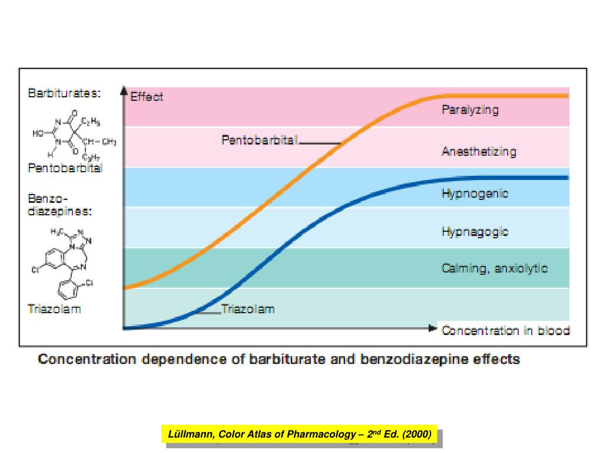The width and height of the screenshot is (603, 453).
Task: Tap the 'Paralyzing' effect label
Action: pos(470,110)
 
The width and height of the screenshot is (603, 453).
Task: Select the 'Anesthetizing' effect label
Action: pos(479,152)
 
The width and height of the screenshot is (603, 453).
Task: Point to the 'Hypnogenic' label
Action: pos(475,193)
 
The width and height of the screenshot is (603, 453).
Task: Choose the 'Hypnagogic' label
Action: pos(475,232)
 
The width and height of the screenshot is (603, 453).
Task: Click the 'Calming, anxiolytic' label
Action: pos(495,269)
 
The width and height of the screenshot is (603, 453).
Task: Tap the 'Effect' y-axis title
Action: pos(147,97)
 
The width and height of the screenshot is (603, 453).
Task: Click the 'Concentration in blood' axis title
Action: pos(506,330)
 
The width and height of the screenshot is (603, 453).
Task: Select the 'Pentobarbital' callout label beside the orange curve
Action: pos(260,140)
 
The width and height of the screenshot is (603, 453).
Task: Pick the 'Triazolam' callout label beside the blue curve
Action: pos(248,308)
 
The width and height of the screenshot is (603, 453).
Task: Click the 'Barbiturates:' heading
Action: pos(64,93)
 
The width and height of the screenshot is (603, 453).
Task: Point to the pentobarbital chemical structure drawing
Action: pos(74,135)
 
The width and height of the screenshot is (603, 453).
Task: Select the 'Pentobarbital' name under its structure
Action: pos(65,168)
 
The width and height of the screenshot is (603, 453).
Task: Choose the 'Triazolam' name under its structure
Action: pos(54,308)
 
